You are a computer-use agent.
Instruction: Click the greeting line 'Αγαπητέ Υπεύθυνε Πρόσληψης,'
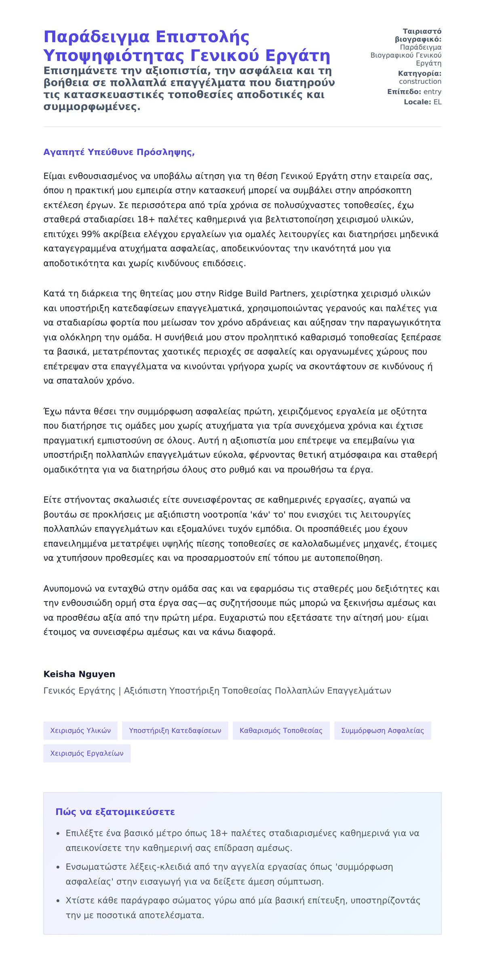click(119, 152)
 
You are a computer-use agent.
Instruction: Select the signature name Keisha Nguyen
click(79, 674)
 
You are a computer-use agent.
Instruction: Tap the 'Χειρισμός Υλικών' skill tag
click(80, 730)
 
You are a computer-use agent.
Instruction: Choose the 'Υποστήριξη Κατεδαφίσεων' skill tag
click(175, 730)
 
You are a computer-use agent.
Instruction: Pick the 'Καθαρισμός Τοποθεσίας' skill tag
click(281, 730)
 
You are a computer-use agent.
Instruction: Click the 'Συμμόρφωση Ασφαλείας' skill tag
click(382, 730)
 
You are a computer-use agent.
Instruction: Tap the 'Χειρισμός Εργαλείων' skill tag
click(87, 753)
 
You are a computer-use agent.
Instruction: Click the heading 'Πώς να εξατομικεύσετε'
click(115, 812)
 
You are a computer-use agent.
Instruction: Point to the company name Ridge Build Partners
click(262, 293)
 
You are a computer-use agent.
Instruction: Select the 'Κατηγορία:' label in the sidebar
click(420, 73)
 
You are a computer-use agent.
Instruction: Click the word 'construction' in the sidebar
click(420, 82)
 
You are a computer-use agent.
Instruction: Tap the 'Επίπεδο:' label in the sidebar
click(404, 92)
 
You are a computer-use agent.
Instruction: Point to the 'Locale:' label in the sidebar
click(418, 102)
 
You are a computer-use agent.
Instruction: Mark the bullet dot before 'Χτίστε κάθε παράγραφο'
click(58, 901)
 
